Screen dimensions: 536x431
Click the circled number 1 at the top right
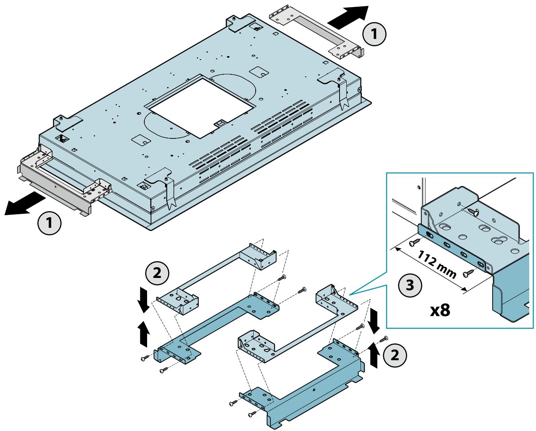pos(374,34)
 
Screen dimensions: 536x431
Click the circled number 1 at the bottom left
pos(49,223)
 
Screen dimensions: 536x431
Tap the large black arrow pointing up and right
pos(348,17)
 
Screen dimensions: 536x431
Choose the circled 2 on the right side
pos(395,355)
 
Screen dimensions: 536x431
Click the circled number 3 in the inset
pos(410,285)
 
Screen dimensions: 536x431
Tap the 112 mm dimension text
pos(437,264)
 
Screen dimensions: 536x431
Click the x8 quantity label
pos(440,311)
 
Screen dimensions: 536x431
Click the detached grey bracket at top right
pos(317,35)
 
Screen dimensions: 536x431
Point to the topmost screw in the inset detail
pos(474,212)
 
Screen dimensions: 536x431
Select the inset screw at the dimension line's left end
pos(415,242)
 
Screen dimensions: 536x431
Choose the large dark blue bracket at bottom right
pos(302,383)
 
